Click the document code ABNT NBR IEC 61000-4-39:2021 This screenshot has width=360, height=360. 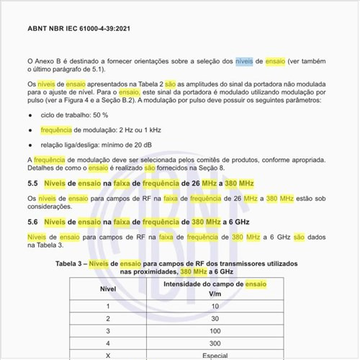pos(78,31)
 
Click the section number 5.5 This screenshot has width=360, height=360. pos(32,184)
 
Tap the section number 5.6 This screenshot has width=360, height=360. pos(32,222)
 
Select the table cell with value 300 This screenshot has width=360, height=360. pos(215,343)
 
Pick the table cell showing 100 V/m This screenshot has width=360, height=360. pos(215,330)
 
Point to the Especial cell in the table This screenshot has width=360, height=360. pos(215,356)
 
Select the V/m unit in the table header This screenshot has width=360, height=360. pos(215,294)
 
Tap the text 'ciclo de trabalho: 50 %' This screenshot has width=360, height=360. pos(75,114)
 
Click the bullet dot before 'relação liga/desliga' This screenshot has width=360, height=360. pos(30,145)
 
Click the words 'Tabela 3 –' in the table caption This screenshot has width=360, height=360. pos(73,265)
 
